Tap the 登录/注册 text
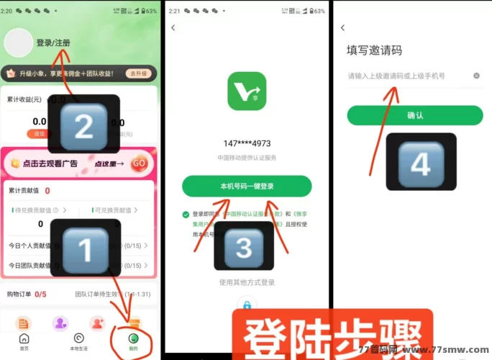point(53,42)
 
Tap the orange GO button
point(140,163)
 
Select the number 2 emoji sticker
point(84,126)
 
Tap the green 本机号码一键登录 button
point(247,186)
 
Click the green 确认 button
point(414,115)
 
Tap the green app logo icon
point(247,91)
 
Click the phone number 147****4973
point(247,143)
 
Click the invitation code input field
point(406,76)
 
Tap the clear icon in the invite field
point(476,76)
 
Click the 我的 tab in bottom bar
point(133,342)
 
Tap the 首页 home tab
point(24,342)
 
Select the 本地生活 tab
point(78,342)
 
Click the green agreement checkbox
point(186,214)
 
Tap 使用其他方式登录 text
point(247,282)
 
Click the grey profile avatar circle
point(19,42)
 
